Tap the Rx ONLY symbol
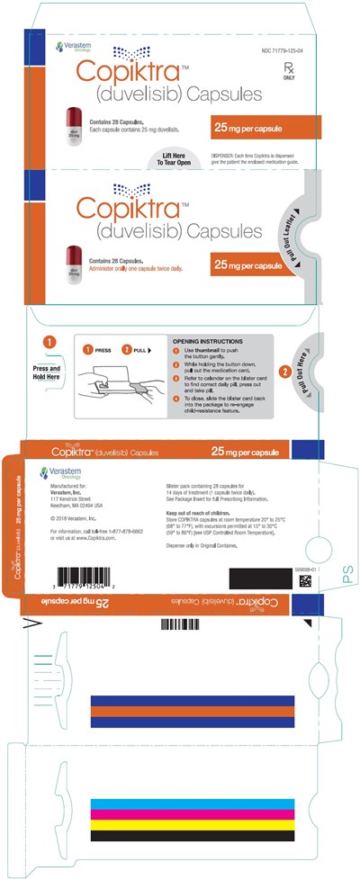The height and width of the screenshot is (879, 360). [288, 73]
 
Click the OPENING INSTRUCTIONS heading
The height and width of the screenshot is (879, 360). [208, 342]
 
